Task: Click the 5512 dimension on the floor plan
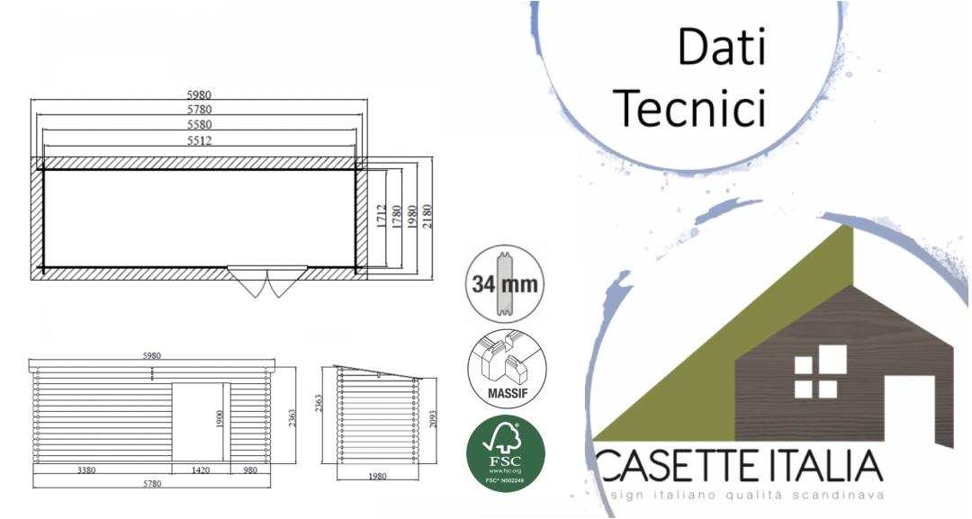(x=200, y=141)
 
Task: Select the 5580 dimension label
(x=200, y=125)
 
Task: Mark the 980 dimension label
(x=249, y=470)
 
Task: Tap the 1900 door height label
(x=220, y=419)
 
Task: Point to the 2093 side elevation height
(x=433, y=416)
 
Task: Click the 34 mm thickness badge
(x=506, y=284)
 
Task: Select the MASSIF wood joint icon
(x=506, y=370)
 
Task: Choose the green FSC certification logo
(x=506, y=453)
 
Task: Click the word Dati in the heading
(x=720, y=47)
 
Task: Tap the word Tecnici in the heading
(x=694, y=107)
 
